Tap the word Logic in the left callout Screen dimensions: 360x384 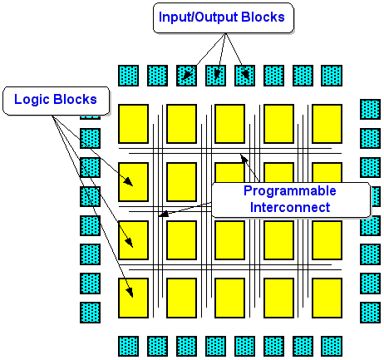[x=37, y=100]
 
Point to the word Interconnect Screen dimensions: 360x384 [x=290, y=207]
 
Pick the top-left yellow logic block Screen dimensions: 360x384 [x=133, y=123]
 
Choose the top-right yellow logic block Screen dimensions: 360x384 [x=326, y=123]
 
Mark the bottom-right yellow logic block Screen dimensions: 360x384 [x=326, y=298]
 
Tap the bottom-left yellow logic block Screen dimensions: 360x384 [x=133, y=298]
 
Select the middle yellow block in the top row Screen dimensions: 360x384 [x=229, y=123]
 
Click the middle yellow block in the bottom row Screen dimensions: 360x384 [x=229, y=298]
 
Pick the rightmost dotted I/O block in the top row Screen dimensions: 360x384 [x=332, y=75]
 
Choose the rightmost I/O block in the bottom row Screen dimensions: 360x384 [x=332, y=346]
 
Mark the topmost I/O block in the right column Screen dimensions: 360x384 [x=370, y=109]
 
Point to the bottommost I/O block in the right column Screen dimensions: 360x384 [x=370, y=313]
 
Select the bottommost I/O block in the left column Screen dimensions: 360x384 [x=90, y=313]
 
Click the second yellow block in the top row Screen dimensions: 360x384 [x=181, y=123]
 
